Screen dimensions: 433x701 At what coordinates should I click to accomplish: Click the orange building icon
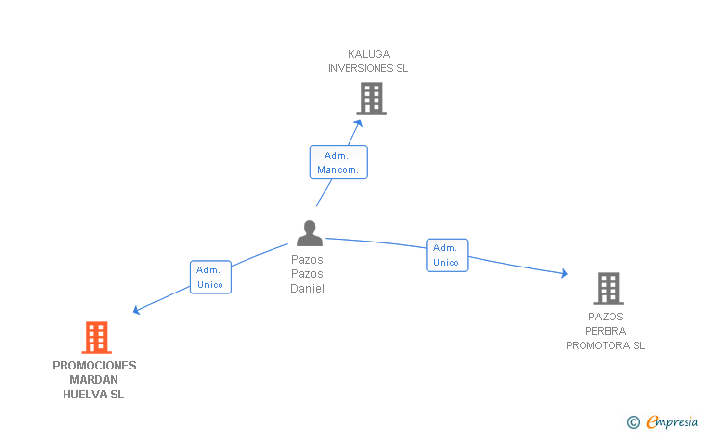click(x=96, y=338)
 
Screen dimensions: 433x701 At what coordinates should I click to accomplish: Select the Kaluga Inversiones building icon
click(x=372, y=98)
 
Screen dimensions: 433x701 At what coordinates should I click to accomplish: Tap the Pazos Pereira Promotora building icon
click(x=608, y=288)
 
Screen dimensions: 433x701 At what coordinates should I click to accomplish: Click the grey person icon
click(x=309, y=234)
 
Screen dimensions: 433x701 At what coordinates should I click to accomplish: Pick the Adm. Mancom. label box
click(x=338, y=163)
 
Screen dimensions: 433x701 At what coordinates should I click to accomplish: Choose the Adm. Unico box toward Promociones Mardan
click(x=210, y=277)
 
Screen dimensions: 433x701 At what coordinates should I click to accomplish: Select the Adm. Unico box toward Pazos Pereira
click(x=447, y=255)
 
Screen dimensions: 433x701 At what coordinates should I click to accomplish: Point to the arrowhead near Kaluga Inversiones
click(x=359, y=121)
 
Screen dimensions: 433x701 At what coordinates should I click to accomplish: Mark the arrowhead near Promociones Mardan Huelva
click(x=136, y=310)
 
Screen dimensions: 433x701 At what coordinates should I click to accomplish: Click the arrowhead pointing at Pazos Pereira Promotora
click(x=564, y=274)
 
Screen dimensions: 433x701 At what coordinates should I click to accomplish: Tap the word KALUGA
click(x=369, y=54)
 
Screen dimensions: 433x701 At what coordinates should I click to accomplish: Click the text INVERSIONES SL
click(x=368, y=68)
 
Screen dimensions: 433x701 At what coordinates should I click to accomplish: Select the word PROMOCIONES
click(x=94, y=366)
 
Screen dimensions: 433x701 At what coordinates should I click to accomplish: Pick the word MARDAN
click(x=94, y=380)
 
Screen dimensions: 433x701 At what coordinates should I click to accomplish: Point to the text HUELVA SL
click(x=94, y=395)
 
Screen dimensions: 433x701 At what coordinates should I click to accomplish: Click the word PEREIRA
click(x=606, y=331)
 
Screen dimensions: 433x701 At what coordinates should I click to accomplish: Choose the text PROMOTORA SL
click(x=606, y=345)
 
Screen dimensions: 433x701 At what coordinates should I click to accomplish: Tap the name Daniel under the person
click(x=307, y=289)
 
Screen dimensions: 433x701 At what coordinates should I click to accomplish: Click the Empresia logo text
click(x=672, y=421)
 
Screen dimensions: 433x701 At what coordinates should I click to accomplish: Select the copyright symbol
click(x=633, y=421)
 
